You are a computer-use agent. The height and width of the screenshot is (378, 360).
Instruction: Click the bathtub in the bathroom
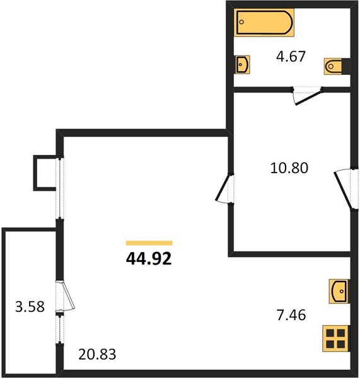[x=264, y=22]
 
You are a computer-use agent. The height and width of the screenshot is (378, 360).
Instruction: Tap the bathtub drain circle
[x=241, y=22]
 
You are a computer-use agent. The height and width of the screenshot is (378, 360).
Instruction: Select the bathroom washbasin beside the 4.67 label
[x=243, y=64]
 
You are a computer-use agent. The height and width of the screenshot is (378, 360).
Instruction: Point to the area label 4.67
[x=291, y=57]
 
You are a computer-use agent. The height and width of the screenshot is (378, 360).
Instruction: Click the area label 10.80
[x=289, y=168]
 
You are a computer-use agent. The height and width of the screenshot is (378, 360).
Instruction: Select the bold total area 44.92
[x=149, y=258]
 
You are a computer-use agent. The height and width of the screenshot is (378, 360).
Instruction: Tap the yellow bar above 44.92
[x=149, y=243]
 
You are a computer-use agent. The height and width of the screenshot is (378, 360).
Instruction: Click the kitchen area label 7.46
[x=291, y=315]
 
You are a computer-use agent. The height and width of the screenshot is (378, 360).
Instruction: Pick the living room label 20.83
[x=97, y=354]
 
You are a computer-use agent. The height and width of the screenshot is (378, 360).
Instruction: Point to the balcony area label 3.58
[x=30, y=307]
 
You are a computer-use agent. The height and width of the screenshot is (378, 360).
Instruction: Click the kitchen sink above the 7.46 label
[x=339, y=291]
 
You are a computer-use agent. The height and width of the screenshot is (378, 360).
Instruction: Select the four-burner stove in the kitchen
[x=335, y=338]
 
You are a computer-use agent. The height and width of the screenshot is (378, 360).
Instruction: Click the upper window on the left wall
[x=60, y=188]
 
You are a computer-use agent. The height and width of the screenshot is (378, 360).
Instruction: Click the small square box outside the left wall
[x=45, y=173]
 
